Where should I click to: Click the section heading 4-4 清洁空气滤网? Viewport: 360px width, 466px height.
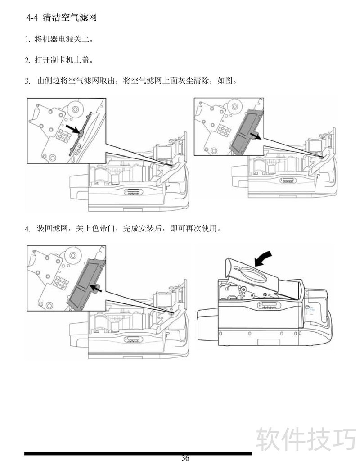tap(62, 18)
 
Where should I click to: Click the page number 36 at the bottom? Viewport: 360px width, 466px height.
tap(185, 458)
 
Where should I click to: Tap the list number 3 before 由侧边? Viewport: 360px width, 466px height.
tap(27, 81)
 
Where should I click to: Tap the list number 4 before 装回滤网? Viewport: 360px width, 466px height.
tap(27, 229)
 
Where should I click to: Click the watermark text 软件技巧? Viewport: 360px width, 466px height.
tap(306, 439)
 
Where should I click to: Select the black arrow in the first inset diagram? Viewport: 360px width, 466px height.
tap(73, 129)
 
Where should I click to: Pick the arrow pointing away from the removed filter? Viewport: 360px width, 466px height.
tap(256, 136)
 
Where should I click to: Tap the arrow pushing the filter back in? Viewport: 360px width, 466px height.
tap(96, 288)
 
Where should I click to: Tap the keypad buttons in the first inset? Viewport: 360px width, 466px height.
tap(63, 136)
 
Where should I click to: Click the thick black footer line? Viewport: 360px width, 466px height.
tap(138, 454)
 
